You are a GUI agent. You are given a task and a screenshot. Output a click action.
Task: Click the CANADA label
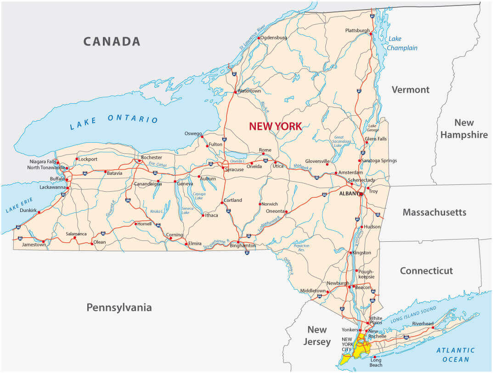[x=112, y=41]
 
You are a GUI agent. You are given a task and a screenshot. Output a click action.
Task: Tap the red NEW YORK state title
[x=275, y=126]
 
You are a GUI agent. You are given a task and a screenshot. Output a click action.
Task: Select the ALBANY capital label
[x=349, y=194]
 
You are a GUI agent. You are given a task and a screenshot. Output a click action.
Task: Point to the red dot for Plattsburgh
[x=371, y=33]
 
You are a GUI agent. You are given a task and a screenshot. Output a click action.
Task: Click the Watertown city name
[x=249, y=91]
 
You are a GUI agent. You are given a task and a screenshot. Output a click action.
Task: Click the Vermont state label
[x=410, y=90]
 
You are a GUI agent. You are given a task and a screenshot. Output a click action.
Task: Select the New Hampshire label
[x=464, y=128]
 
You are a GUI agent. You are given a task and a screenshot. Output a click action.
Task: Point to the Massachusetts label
[x=434, y=212]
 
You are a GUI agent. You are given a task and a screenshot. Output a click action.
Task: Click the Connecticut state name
[x=426, y=271]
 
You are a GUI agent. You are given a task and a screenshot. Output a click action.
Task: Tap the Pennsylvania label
[x=119, y=307]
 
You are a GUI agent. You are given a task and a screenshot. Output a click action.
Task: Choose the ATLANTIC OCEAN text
[x=456, y=355]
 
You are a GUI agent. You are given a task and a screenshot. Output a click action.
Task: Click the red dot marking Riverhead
[x=433, y=328]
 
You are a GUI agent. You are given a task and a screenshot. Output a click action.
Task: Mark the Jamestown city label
[x=34, y=245]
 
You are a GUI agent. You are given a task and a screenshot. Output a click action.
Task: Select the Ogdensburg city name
[x=274, y=37]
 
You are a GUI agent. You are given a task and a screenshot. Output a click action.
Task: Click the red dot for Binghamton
[x=238, y=242]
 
